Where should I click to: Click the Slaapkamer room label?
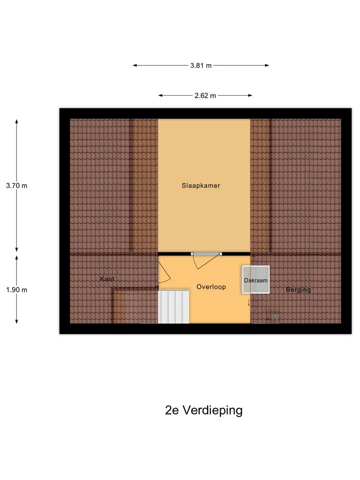click(201, 186)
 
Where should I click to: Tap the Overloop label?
click(211, 287)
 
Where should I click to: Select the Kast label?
click(107, 279)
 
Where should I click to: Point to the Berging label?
click(298, 290)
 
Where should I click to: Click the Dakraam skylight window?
click(255, 280)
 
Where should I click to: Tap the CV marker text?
click(275, 317)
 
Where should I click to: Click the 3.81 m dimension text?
click(201, 66)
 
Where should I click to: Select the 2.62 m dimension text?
click(205, 96)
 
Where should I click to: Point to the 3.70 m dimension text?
click(17, 186)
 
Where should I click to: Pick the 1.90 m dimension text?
click(17, 290)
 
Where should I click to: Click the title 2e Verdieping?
click(204, 411)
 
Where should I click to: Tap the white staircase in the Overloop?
click(173, 307)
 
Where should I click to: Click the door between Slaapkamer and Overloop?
click(206, 254)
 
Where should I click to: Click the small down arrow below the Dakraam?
click(249, 303)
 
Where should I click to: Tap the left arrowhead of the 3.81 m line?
click(135, 66)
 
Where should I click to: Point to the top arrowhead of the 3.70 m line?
click(17, 121)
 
